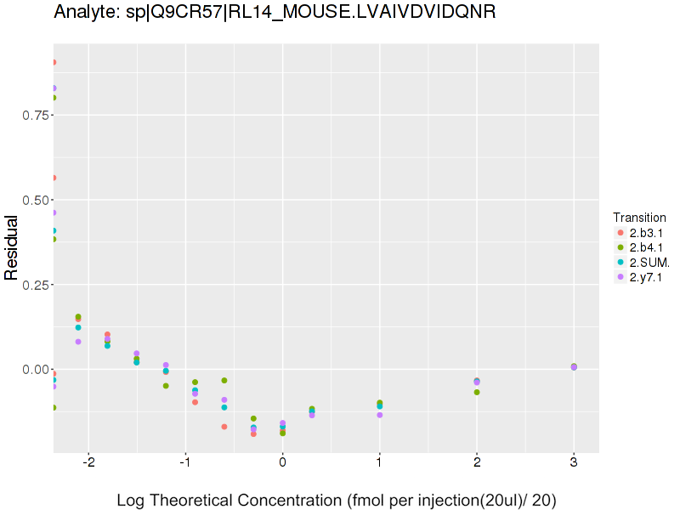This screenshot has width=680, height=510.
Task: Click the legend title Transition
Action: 639,217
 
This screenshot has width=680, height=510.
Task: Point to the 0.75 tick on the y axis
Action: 34,115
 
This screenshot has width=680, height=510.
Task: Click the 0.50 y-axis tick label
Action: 34,200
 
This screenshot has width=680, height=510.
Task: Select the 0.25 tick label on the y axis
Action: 34,285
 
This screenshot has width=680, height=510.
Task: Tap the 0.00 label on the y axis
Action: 34,370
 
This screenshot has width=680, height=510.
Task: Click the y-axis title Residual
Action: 12,247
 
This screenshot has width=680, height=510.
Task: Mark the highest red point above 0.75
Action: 53,62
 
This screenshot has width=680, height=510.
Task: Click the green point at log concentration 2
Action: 477,392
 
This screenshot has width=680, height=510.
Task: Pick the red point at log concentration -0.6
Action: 224,427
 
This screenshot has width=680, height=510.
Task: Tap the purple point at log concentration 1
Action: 379,415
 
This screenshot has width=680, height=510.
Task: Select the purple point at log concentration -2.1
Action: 78,342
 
